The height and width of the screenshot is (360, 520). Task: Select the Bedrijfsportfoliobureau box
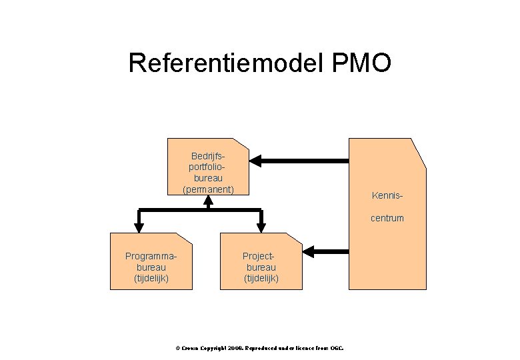point(208,167)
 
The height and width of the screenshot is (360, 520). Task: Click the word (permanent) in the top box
point(208,189)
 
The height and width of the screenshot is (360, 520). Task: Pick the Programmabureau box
point(151,261)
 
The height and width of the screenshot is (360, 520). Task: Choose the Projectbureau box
point(261,261)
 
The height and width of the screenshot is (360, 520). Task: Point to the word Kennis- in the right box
point(387,196)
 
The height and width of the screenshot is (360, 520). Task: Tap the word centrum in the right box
point(387,218)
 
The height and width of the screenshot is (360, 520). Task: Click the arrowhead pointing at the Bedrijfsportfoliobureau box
point(257,161)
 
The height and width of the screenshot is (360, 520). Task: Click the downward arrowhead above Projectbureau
point(261,226)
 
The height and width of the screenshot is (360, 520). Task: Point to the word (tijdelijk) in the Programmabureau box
point(151,277)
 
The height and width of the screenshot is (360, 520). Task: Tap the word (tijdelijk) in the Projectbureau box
point(261,277)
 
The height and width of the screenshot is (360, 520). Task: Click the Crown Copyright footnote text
point(259,348)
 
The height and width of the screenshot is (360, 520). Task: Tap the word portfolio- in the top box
point(208,168)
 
